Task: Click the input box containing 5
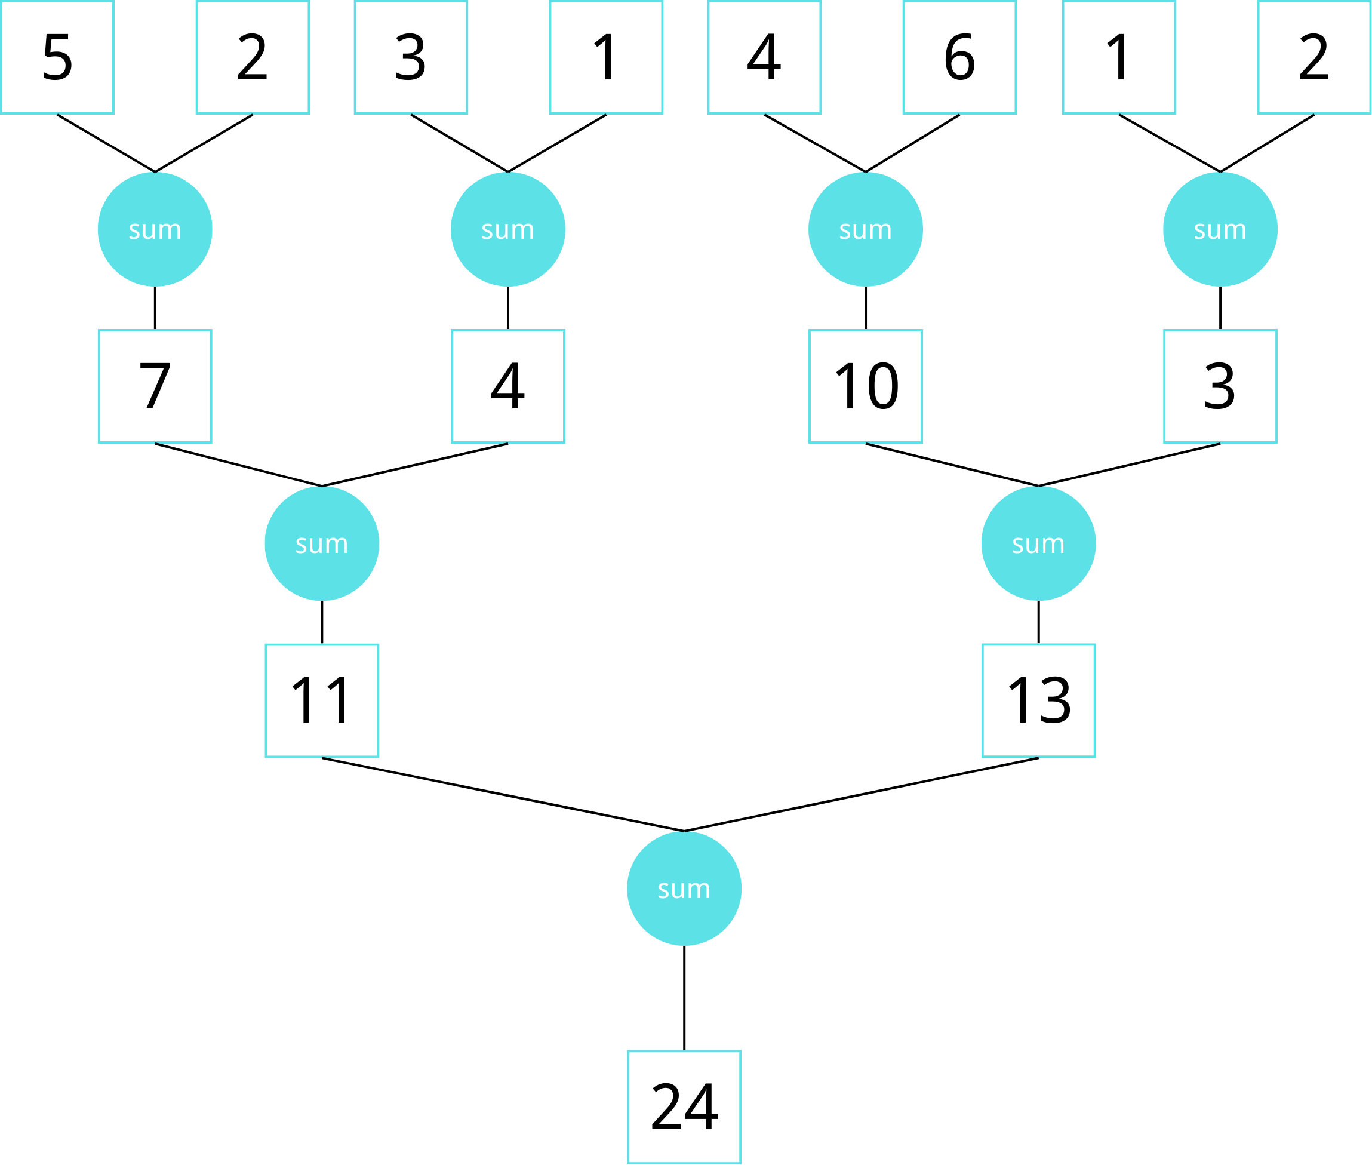(57, 57)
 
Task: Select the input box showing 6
(959, 57)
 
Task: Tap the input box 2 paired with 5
(253, 57)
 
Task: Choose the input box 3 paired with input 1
(411, 57)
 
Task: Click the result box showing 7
(155, 386)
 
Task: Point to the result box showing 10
(866, 386)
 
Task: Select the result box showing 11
(322, 700)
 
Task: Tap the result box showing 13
(1039, 700)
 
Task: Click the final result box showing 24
(684, 1107)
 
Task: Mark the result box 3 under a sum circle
(1220, 386)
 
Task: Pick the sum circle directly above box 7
(155, 229)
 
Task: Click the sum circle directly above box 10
(866, 229)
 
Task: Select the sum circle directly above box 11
(322, 543)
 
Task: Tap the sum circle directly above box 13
(1039, 543)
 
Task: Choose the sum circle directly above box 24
(684, 889)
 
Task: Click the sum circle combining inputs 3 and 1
(507, 229)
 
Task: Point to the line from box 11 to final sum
(503, 795)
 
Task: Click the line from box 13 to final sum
(862, 795)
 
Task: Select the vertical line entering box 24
(684, 997)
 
